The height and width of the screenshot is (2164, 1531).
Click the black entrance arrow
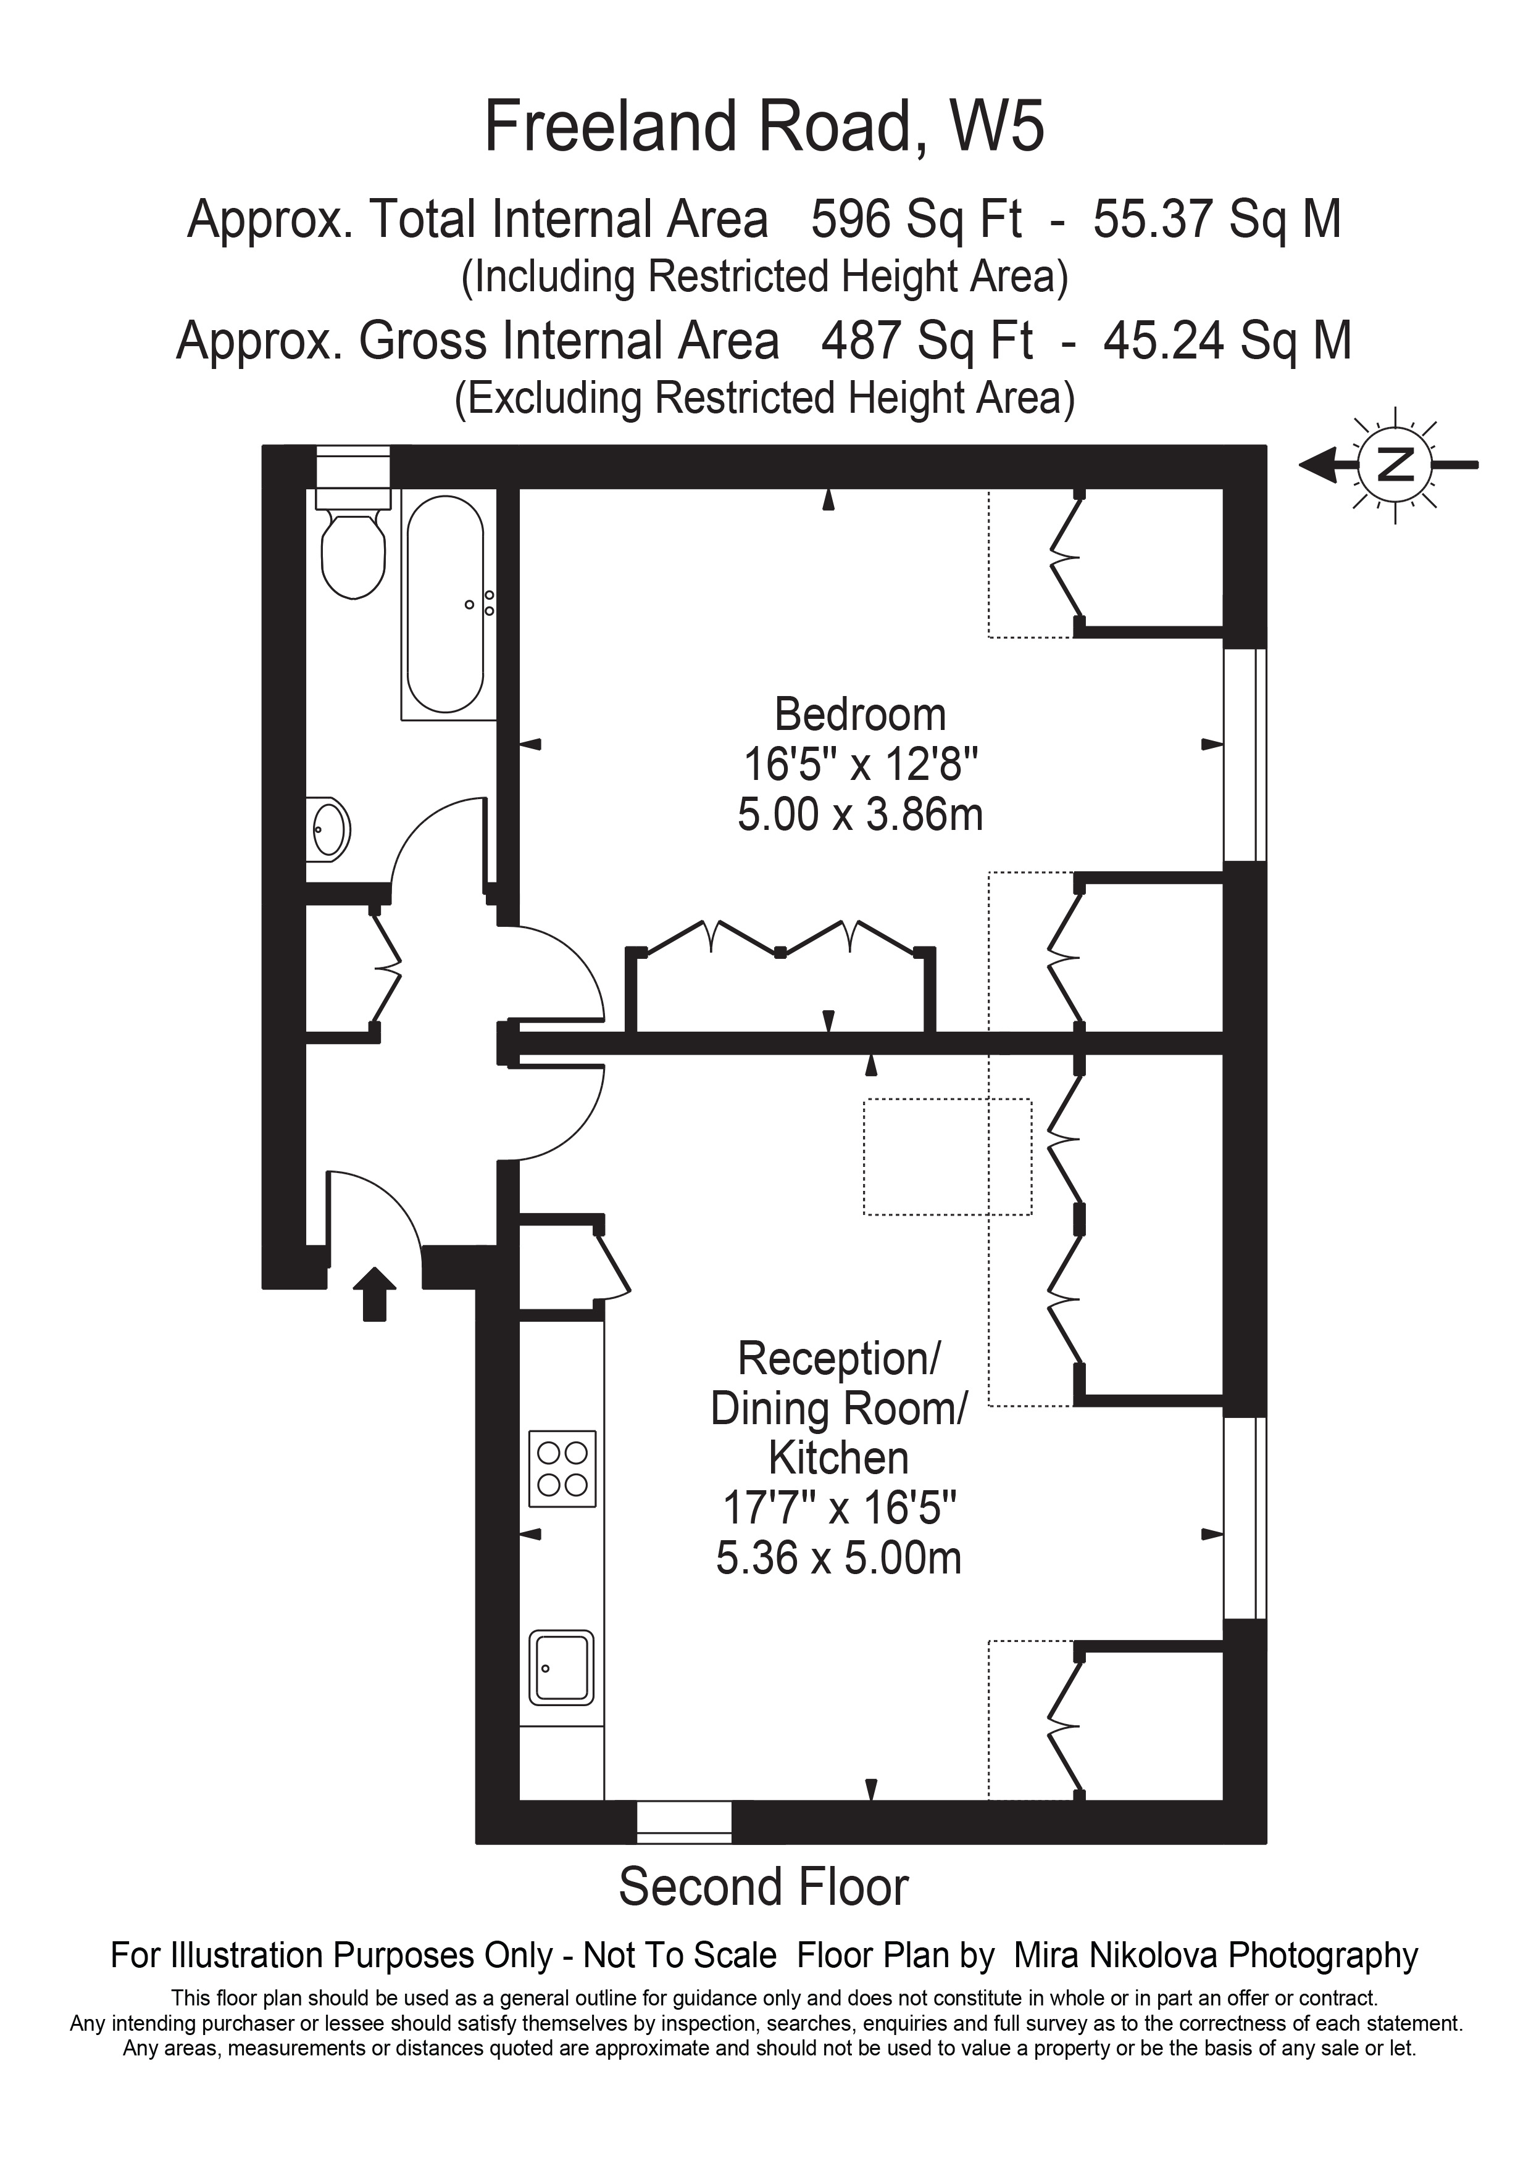point(374,1294)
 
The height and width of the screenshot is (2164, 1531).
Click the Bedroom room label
point(860,715)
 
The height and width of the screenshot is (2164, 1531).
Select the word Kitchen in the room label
point(838,1458)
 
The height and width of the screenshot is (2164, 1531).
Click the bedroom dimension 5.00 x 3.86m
point(860,815)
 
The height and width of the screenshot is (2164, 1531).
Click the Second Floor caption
point(764,1885)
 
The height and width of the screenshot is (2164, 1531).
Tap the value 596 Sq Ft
point(916,220)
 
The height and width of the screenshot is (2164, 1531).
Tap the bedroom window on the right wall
point(1245,754)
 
